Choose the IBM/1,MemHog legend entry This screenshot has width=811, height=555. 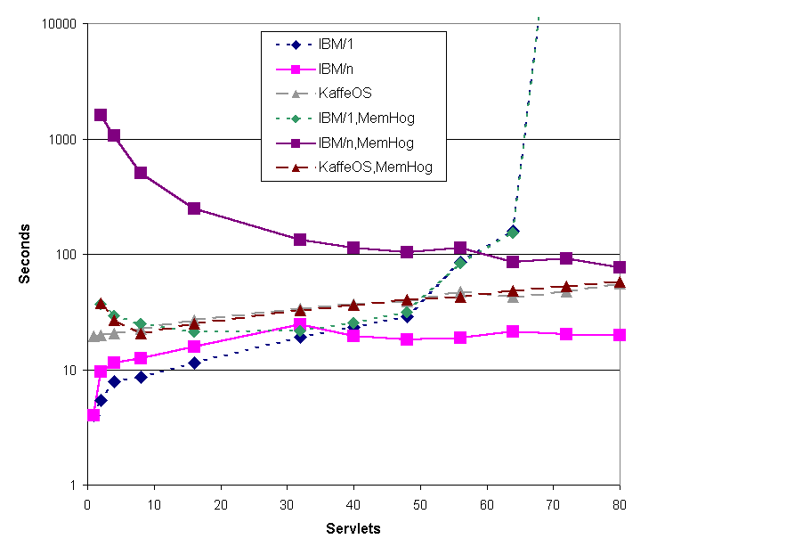366,117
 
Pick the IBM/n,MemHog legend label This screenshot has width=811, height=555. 366,142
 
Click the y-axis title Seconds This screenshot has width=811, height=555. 26,254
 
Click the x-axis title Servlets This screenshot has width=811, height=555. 353,529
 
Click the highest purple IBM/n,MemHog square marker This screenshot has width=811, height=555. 101,115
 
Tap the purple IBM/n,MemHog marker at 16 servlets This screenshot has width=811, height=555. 194,208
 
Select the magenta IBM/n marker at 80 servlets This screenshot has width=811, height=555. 620,335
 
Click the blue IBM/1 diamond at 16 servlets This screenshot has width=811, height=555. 194,363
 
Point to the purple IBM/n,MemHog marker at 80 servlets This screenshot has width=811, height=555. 620,267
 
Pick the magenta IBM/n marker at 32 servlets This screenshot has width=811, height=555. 300,325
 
